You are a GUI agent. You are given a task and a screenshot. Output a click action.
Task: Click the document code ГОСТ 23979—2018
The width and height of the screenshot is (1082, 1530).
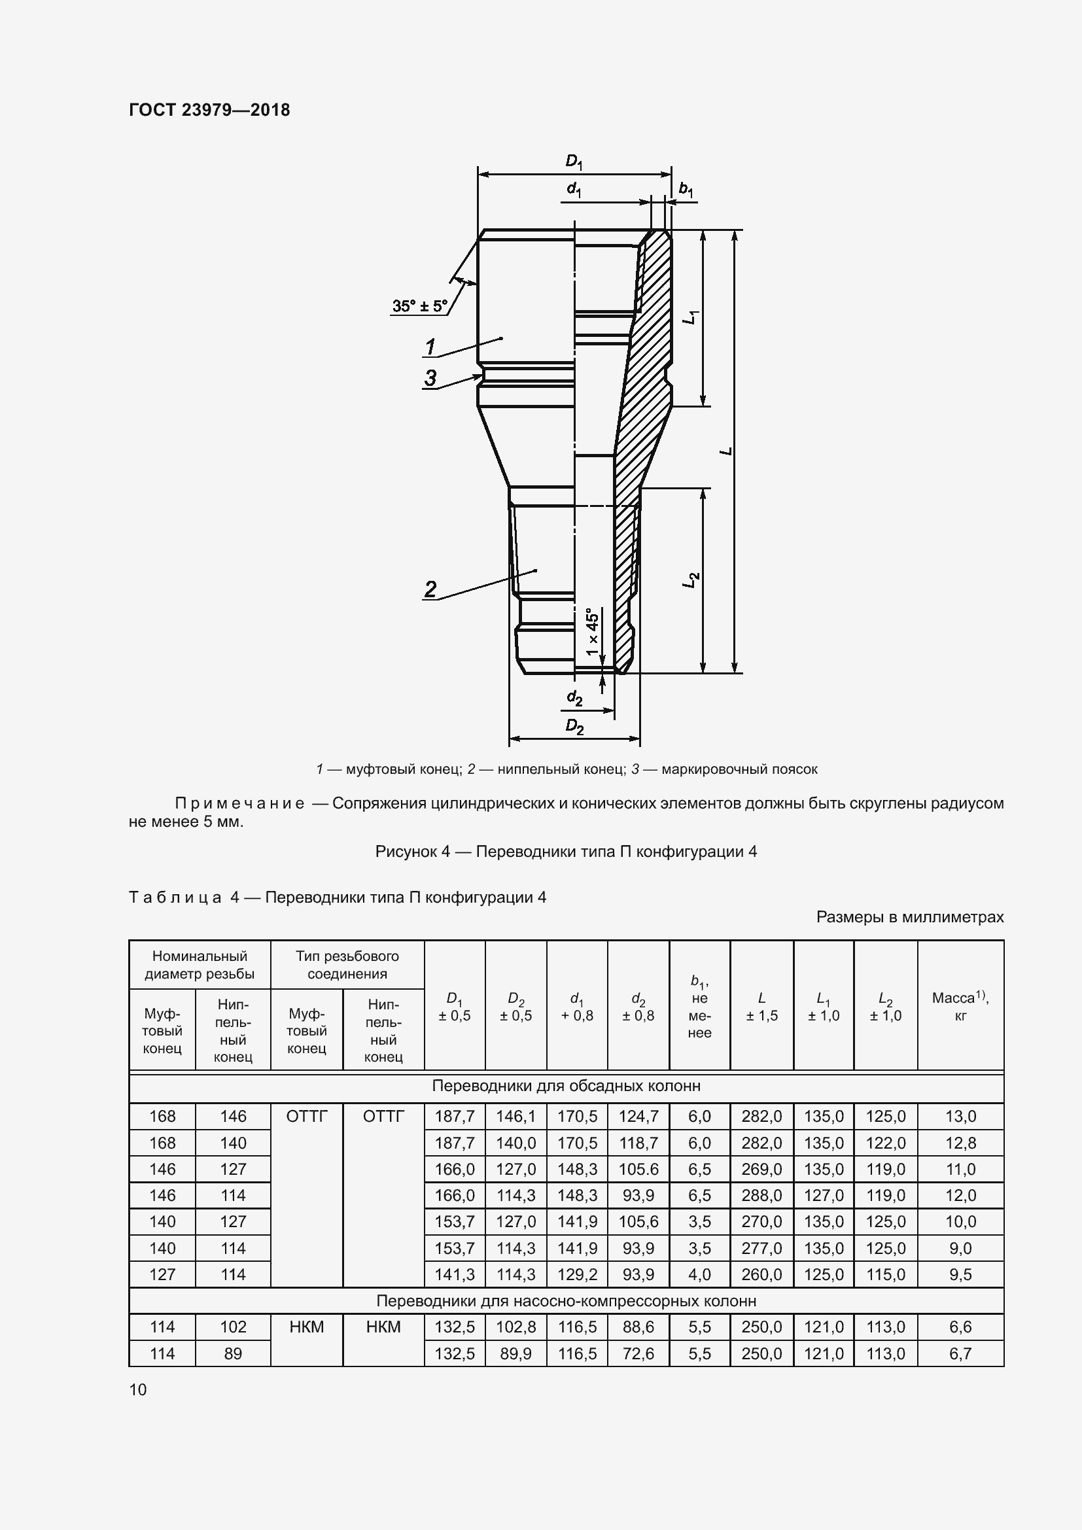click(209, 110)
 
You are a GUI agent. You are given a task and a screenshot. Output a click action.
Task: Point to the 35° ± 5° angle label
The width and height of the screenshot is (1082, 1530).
click(420, 306)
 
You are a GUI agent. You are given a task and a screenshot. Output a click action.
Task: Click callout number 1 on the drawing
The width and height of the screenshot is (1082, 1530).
click(430, 347)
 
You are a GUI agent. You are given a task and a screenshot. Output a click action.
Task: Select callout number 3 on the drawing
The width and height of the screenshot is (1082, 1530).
click(430, 378)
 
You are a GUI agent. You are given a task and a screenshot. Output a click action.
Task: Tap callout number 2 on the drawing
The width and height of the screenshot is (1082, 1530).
click(430, 589)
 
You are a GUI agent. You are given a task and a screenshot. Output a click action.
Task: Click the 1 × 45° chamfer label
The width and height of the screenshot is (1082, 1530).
click(592, 630)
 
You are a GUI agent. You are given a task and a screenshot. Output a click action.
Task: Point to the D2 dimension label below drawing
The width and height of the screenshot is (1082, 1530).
click(574, 725)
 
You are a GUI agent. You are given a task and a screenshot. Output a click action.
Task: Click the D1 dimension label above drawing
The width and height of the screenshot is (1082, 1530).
click(574, 161)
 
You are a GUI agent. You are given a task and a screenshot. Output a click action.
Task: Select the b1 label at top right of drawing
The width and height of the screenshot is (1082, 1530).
click(686, 189)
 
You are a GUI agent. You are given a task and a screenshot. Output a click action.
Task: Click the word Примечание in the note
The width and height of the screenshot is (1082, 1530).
click(239, 803)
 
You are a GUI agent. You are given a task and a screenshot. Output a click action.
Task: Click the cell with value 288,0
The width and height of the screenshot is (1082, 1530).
click(761, 1195)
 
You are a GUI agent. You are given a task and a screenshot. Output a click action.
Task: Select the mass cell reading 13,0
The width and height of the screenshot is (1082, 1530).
click(960, 1116)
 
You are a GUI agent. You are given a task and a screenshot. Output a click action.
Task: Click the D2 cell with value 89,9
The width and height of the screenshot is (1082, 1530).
click(515, 1353)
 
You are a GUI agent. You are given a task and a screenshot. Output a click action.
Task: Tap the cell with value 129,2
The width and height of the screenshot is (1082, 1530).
click(577, 1274)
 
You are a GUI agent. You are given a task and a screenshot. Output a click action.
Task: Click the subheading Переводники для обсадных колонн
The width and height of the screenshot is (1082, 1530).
click(566, 1086)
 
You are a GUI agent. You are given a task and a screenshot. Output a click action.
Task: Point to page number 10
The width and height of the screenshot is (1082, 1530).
click(138, 1389)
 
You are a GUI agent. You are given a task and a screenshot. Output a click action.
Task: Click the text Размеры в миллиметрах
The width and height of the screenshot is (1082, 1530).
click(909, 917)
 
